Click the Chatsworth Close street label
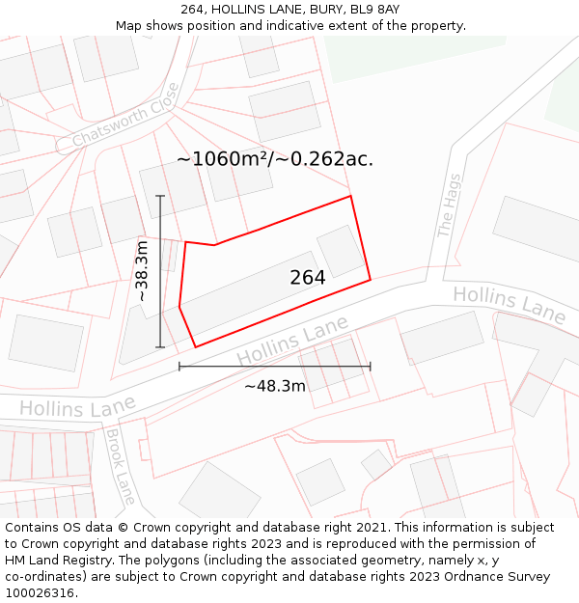125,117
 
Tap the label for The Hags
449,205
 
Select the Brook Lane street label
120,467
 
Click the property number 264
307,278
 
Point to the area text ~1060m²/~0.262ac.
274,159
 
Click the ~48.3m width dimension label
274,386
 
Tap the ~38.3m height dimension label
142,271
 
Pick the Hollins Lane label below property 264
292,343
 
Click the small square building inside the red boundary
341,250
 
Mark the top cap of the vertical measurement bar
160,196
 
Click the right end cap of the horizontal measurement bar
371,367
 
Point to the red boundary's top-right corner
350,197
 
